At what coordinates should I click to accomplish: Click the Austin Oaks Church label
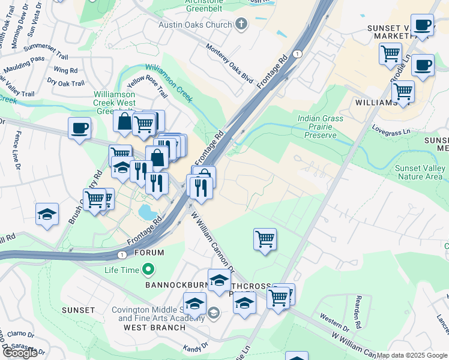(x=194, y=25)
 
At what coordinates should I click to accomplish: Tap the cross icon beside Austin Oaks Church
(x=241, y=25)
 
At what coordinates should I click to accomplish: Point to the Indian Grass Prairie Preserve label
(x=321, y=127)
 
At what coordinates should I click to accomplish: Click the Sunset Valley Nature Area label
(x=420, y=172)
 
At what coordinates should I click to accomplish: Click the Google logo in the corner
(x=20, y=353)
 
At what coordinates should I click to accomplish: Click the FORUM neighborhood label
(x=149, y=253)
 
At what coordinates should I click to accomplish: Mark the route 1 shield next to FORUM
(x=122, y=254)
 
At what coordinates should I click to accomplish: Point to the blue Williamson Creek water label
(x=169, y=83)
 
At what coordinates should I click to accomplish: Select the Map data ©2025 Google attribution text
(x=412, y=355)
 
